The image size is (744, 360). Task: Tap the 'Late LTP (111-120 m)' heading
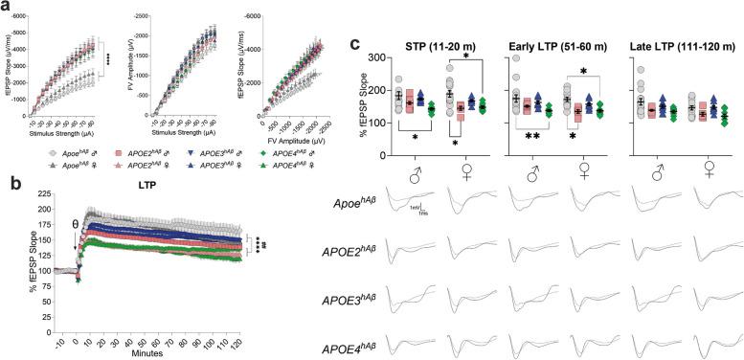682,45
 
